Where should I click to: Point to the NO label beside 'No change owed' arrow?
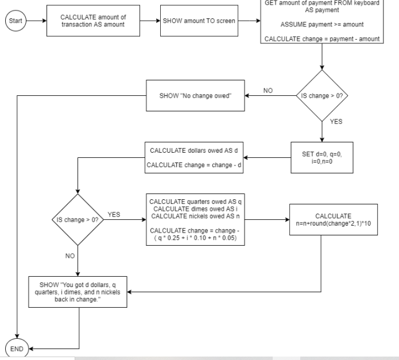[268, 91]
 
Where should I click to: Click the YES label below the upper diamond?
[336, 122]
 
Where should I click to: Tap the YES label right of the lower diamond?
[114, 215]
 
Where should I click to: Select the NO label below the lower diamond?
[70, 256]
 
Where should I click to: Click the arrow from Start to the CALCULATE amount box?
[36, 21]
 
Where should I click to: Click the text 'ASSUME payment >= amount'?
[322, 25]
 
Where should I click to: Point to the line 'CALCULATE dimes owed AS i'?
[195, 209]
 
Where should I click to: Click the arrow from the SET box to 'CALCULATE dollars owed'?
[267, 158]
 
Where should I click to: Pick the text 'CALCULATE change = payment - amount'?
[322, 39]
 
